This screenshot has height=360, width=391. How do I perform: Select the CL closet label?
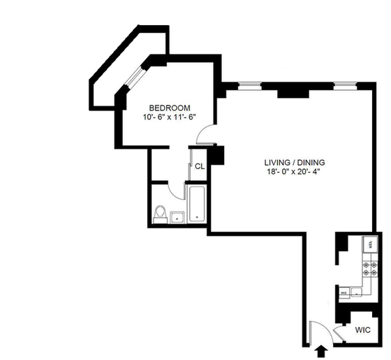[199, 166]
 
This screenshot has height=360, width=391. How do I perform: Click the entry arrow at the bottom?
[322, 350]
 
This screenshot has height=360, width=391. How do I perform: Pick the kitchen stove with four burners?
[369, 268]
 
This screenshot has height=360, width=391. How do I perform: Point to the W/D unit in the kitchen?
[344, 293]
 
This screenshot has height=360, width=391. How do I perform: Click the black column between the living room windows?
[292, 92]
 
